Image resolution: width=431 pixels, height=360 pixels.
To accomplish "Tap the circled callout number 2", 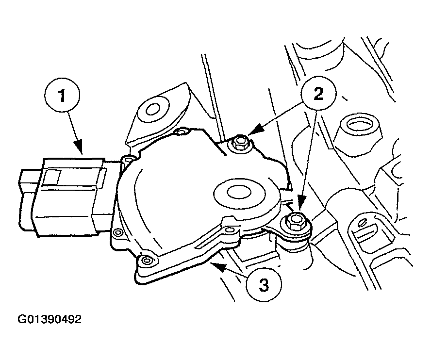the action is pyautogui.click(x=318, y=94).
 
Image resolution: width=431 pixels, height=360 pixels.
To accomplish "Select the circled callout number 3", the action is pyautogui.click(x=264, y=285).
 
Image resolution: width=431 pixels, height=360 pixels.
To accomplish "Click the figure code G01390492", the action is pyautogui.click(x=50, y=319).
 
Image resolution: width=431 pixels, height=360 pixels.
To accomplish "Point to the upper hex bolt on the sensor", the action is pyautogui.click(x=240, y=143).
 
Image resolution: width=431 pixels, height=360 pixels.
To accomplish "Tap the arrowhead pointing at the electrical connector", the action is pyautogui.click(x=79, y=147).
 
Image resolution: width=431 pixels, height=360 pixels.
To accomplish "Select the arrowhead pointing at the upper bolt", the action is pyautogui.click(x=257, y=129).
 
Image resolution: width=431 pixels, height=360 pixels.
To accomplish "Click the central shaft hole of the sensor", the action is pyautogui.click(x=239, y=192).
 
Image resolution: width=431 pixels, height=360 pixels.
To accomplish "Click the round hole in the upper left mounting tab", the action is pyautogui.click(x=153, y=110).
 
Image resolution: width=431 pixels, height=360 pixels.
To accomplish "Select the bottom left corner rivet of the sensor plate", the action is pyautogui.click(x=146, y=260).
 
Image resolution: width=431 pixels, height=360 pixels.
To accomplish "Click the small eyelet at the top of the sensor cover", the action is pyautogui.click(x=180, y=132).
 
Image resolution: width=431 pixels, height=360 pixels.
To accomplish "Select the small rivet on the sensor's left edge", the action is pyautogui.click(x=118, y=232).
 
